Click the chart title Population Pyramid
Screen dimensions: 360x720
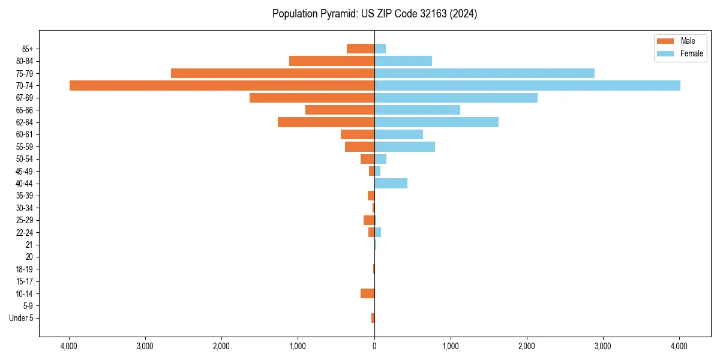[374, 14]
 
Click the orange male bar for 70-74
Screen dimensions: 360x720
[222, 85]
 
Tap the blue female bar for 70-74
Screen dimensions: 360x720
[527, 85]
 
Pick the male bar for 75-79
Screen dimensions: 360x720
[273, 73]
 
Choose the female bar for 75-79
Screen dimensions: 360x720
[484, 73]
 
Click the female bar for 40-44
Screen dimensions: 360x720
[391, 183]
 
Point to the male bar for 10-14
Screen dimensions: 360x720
[367, 293]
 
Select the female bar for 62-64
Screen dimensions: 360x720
[436, 122]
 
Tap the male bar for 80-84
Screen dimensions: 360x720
[332, 61]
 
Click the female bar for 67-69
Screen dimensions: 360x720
[456, 98]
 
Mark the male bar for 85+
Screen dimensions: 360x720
[361, 49]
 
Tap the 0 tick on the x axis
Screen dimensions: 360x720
[374, 346]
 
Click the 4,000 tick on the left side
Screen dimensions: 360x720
[69, 346]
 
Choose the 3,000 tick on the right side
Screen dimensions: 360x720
[603, 346]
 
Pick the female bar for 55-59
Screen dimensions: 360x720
[404, 146]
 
